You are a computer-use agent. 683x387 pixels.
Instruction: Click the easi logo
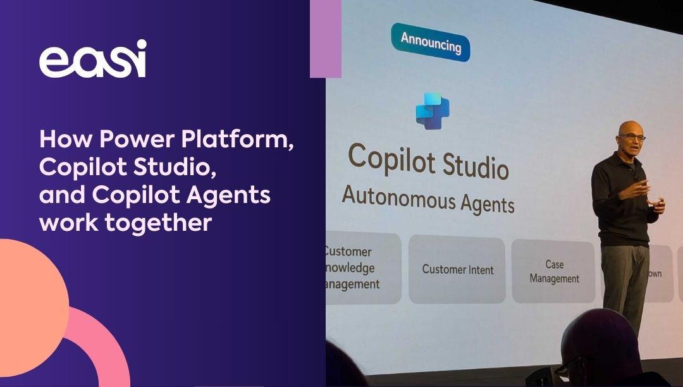point(92,59)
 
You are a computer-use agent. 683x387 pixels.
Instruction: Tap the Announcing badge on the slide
point(431,44)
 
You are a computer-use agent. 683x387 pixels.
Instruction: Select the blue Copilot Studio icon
point(433,111)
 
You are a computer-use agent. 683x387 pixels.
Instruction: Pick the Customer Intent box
point(457,269)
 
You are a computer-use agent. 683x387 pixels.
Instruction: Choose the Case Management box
point(554,271)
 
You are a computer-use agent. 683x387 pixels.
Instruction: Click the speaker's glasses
point(633,137)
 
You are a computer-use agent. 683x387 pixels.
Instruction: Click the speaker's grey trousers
point(625,278)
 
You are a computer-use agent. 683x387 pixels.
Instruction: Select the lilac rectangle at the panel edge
point(326,39)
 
